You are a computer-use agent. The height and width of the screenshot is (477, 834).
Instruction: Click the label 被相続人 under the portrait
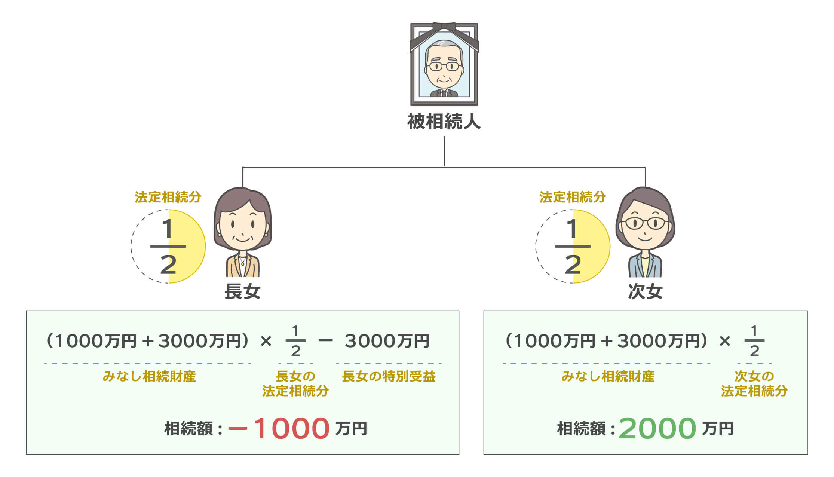point(444,122)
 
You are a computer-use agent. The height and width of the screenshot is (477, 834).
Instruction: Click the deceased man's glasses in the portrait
point(444,67)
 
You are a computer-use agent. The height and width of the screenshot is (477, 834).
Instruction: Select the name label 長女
point(242,291)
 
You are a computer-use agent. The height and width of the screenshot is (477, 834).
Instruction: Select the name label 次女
point(645,291)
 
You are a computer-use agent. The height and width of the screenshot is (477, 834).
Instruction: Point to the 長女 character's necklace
point(243,260)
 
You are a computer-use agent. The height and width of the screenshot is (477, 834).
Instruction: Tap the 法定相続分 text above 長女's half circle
point(168,197)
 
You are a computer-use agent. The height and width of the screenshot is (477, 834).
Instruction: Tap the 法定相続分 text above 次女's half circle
point(573,197)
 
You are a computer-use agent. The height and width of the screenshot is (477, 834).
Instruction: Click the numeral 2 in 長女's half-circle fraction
point(168,265)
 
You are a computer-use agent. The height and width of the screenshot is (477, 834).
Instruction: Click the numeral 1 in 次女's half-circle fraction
point(572,229)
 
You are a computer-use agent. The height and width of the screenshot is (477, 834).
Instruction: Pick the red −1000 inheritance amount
point(279,429)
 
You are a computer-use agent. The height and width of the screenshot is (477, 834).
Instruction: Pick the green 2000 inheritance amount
point(657,429)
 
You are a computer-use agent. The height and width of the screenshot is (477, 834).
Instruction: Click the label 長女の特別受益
point(389,376)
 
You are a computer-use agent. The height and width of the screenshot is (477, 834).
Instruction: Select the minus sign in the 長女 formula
point(325,341)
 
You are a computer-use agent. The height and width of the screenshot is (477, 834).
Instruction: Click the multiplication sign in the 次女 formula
point(724,341)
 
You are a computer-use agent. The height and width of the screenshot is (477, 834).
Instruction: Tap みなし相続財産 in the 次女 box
point(608,376)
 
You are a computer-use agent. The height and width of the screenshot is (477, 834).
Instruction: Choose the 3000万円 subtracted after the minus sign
point(387,341)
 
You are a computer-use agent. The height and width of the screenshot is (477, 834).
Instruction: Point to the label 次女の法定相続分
point(754,383)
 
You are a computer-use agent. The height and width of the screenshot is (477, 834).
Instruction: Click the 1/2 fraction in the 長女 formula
point(295,341)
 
